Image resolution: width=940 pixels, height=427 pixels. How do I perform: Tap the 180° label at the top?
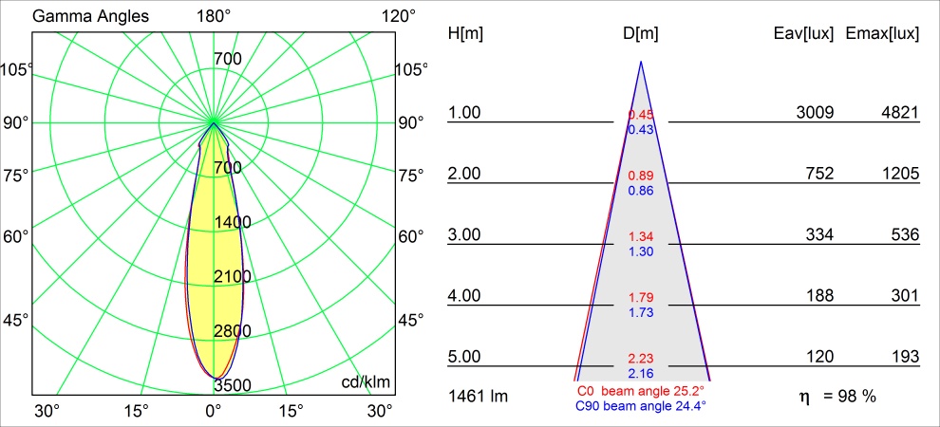[214, 16]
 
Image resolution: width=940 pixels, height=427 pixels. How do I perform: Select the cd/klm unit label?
[366, 381]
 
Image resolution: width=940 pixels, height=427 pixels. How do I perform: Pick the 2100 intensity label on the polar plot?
[232, 276]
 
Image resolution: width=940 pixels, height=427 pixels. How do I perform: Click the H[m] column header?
[465, 33]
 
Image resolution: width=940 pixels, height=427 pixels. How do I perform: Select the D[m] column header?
[641, 33]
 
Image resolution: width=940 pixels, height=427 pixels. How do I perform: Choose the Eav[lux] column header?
[804, 33]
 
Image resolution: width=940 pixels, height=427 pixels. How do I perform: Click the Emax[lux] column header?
[882, 33]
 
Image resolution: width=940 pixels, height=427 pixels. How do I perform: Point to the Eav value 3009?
[815, 113]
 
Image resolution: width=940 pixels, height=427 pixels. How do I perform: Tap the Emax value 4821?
[900, 113]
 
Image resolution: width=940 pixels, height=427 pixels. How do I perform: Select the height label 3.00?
[465, 235]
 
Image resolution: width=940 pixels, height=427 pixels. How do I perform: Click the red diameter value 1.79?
[641, 298]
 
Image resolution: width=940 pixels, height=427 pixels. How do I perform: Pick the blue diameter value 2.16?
[641, 373]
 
